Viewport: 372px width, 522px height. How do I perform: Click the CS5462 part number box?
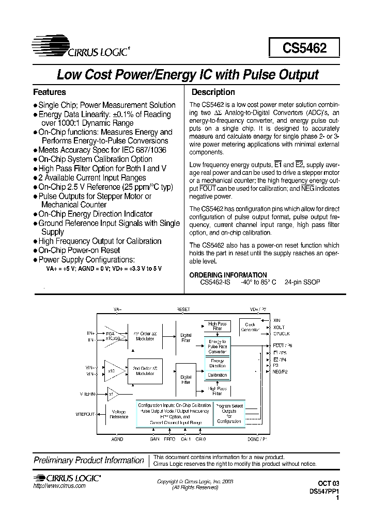(304, 48)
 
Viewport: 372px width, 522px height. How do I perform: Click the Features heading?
(49, 92)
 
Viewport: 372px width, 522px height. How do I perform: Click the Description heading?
(213, 92)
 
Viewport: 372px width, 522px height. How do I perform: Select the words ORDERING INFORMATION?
(228, 275)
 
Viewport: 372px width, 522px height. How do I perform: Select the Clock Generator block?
(251, 327)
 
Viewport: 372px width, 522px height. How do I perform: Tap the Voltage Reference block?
(118, 414)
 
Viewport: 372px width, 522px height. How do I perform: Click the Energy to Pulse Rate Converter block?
(218, 346)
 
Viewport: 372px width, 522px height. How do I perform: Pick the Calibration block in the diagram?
(218, 375)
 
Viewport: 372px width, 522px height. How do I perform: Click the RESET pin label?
(183, 309)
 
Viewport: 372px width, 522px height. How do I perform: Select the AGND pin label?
(117, 439)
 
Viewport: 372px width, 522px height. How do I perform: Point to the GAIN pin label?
(154, 439)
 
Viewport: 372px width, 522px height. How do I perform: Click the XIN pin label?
(276, 320)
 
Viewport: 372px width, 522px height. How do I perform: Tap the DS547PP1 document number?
(323, 492)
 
